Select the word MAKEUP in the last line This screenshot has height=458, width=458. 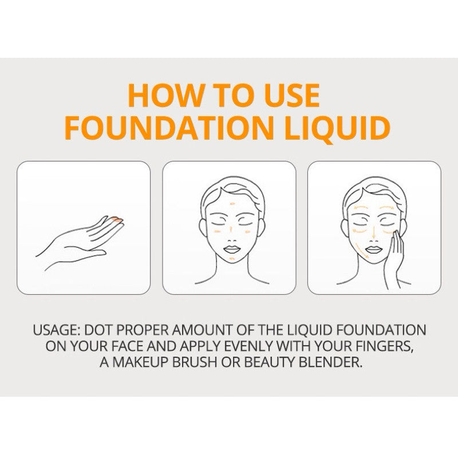tap(184, 363)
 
